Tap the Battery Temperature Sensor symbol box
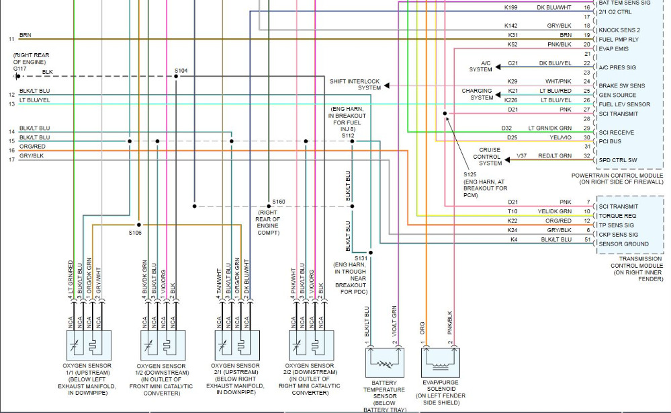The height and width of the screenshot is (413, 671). [385, 363]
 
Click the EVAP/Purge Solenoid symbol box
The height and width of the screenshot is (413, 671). [441, 363]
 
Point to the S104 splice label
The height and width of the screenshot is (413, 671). [181, 70]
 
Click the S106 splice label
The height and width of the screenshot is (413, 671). [136, 233]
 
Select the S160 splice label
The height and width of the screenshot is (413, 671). [279, 201]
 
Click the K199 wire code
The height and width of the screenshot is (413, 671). [511, 7]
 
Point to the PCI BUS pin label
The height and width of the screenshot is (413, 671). [610, 141]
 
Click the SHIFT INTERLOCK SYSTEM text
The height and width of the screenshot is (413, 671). [355, 84]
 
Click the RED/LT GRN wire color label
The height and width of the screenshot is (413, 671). [554, 156]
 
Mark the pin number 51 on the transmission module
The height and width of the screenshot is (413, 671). [587, 239]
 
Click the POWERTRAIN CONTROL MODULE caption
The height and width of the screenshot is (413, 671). [618, 175]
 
